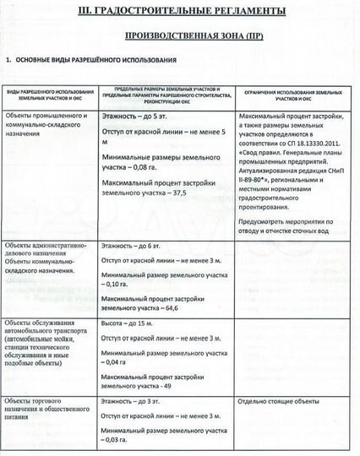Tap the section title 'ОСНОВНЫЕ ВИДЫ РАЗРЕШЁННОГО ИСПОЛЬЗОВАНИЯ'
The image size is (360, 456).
click(95, 62)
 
